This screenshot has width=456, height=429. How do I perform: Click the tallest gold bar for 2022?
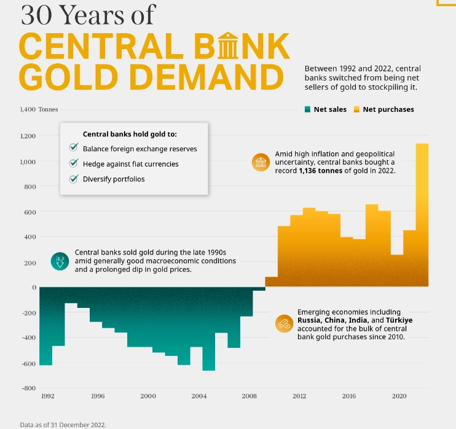(422, 215)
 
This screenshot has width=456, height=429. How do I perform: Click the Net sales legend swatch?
(307, 109)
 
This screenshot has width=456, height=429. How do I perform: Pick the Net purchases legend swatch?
(356, 109)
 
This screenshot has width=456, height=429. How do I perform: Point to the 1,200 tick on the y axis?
(28, 136)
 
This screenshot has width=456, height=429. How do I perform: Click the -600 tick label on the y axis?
(28, 363)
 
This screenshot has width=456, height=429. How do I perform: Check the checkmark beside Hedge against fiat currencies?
(73, 163)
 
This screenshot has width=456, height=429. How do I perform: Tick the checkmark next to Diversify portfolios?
(73, 179)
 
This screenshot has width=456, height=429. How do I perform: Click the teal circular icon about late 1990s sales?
(60, 261)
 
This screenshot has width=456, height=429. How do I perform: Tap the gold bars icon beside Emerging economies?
(285, 323)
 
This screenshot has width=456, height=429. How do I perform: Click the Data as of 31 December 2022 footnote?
(63, 424)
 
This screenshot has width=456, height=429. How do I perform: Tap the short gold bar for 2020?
(397, 270)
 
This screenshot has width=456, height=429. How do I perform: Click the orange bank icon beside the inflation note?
(261, 162)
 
